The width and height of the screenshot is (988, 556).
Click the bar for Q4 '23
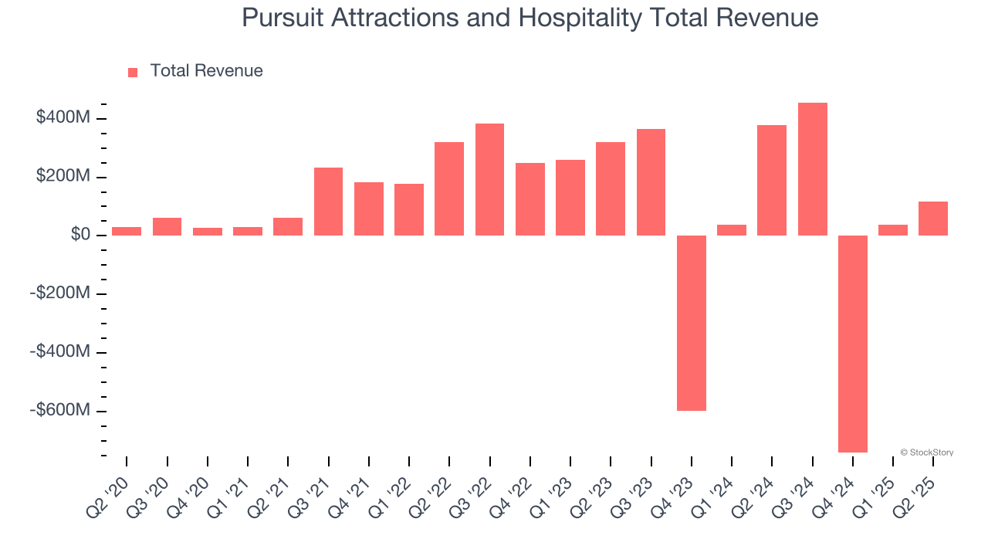pos(691,323)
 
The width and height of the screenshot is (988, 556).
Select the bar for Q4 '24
pos(853,344)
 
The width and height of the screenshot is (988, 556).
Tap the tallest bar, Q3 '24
pos(812,169)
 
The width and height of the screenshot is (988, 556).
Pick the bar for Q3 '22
pos(489,179)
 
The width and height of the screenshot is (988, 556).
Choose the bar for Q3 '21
pos(328,202)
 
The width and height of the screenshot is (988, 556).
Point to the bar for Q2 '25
pos(933,219)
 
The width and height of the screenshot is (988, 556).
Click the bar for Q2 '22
pos(449,188)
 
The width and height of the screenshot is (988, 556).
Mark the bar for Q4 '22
pos(530,199)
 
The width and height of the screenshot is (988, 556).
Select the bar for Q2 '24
pos(772,180)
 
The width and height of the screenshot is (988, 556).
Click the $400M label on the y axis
pos(63,118)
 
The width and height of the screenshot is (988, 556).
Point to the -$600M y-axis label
pos(60,410)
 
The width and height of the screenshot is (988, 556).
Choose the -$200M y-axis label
pos(60,293)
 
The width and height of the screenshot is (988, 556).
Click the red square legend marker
pos(133,73)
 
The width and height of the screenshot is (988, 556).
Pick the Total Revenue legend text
pos(206,71)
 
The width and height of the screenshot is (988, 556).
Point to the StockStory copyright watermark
pos(926,453)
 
